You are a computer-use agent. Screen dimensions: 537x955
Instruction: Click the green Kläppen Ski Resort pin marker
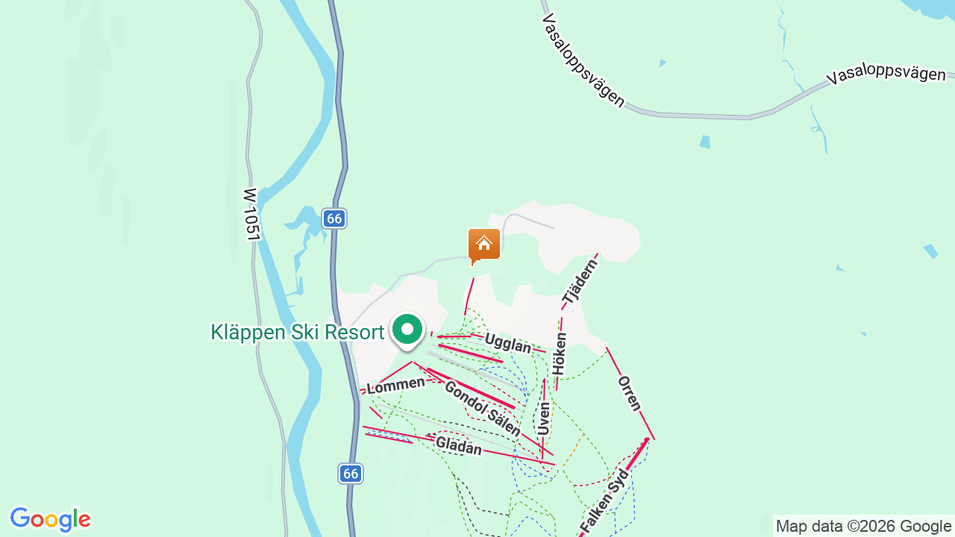pos(407,330)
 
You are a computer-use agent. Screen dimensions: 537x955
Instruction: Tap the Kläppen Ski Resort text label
pos(297,332)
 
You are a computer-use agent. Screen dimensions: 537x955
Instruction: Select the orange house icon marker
pos(483,245)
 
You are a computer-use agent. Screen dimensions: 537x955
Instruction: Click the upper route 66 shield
pos(334,219)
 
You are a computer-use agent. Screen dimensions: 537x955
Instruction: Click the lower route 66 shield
pos(351,473)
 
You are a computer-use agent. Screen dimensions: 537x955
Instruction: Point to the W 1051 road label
pos(251,214)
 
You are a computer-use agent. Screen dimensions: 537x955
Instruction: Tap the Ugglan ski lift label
pos(507,343)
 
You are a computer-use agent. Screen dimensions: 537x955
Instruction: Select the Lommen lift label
pos(395,385)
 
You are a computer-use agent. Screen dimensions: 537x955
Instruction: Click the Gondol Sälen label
pos(482,408)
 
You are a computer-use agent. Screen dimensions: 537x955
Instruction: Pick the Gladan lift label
pos(458,445)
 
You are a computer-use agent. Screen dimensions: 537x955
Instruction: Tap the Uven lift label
pos(545,419)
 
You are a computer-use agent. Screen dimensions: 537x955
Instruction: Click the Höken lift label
pos(560,354)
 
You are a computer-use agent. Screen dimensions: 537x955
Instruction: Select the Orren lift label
pos(629,393)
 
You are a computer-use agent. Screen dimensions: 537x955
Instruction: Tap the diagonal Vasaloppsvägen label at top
pos(583,60)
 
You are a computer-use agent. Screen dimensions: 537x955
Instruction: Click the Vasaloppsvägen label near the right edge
pos(886,75)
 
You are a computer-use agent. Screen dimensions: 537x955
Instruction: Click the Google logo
pos(50,519)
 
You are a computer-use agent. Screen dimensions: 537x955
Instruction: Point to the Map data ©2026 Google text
pos(863,527)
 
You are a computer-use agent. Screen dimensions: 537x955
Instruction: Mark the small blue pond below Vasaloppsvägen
pos(705,141)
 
